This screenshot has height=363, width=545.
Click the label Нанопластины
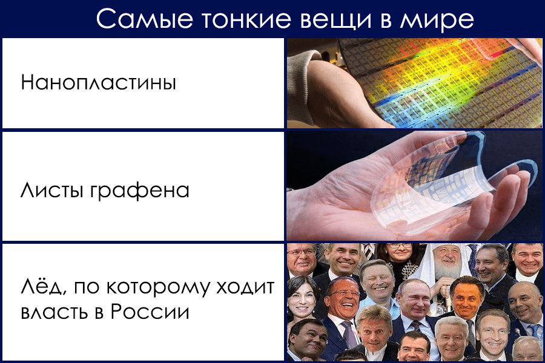click(98, 82)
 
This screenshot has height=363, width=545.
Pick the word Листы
click(52, 191)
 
